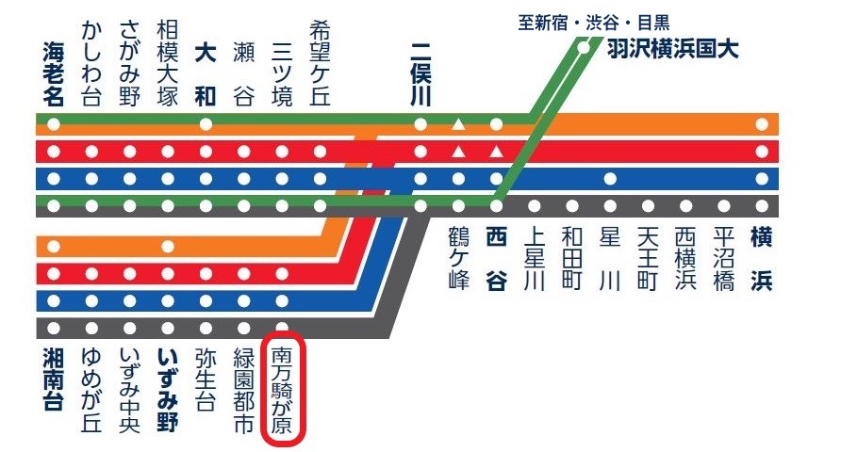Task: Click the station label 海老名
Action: coord(53,74)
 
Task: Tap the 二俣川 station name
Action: coord(420,74)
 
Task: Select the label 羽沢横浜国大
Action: coord(672,49)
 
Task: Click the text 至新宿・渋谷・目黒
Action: coord(594,23)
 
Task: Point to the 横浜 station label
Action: coord(762,259)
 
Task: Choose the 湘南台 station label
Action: coord(53,379)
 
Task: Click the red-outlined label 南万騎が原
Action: coord(282,391)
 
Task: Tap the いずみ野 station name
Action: coord(167,391)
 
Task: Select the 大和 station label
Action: coord(206,74)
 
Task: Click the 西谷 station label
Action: coord(496,259)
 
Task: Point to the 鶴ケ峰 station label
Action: coord(458,259)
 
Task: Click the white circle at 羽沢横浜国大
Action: coord(583,48)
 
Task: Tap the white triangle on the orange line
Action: coord(458,124)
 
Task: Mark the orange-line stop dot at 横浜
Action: coord(762,125)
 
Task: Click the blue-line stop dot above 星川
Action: coord(610,178)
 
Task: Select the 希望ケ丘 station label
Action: coord(321,64)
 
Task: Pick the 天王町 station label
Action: coord(648,259)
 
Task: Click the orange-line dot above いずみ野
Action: coord(168,247)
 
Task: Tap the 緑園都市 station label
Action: coord(244,391)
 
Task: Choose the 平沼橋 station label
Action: coord(723,259)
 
